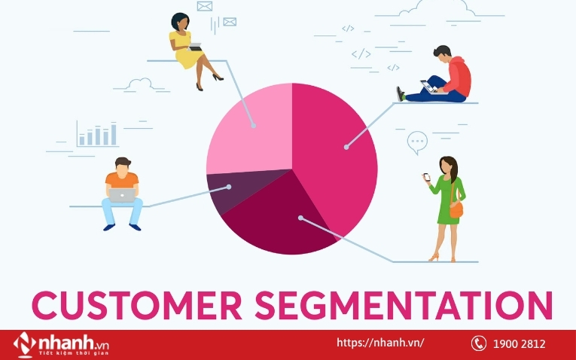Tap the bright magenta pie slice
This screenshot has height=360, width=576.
(331, 154)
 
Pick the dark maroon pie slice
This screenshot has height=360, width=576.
(279, 221)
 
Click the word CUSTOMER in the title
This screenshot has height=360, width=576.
(137, 305)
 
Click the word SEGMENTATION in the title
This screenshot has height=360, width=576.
(404, 305)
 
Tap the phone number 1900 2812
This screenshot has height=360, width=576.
(519, 344)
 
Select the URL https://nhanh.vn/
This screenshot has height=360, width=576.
(380, 343)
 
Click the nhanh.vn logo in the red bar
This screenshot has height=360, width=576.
(61, 345)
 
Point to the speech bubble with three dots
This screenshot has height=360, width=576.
(417, 142)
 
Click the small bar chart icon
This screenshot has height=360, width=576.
(97, 134)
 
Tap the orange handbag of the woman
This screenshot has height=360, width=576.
(456, 210)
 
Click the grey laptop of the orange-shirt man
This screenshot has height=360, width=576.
(122, 195)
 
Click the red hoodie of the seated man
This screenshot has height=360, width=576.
(458, 76)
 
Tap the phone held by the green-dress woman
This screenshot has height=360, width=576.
(427, 177)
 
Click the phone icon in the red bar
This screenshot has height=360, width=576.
(479, 343)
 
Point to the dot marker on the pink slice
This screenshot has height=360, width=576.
(254, 126)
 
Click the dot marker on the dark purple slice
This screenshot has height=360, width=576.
(228, 187)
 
